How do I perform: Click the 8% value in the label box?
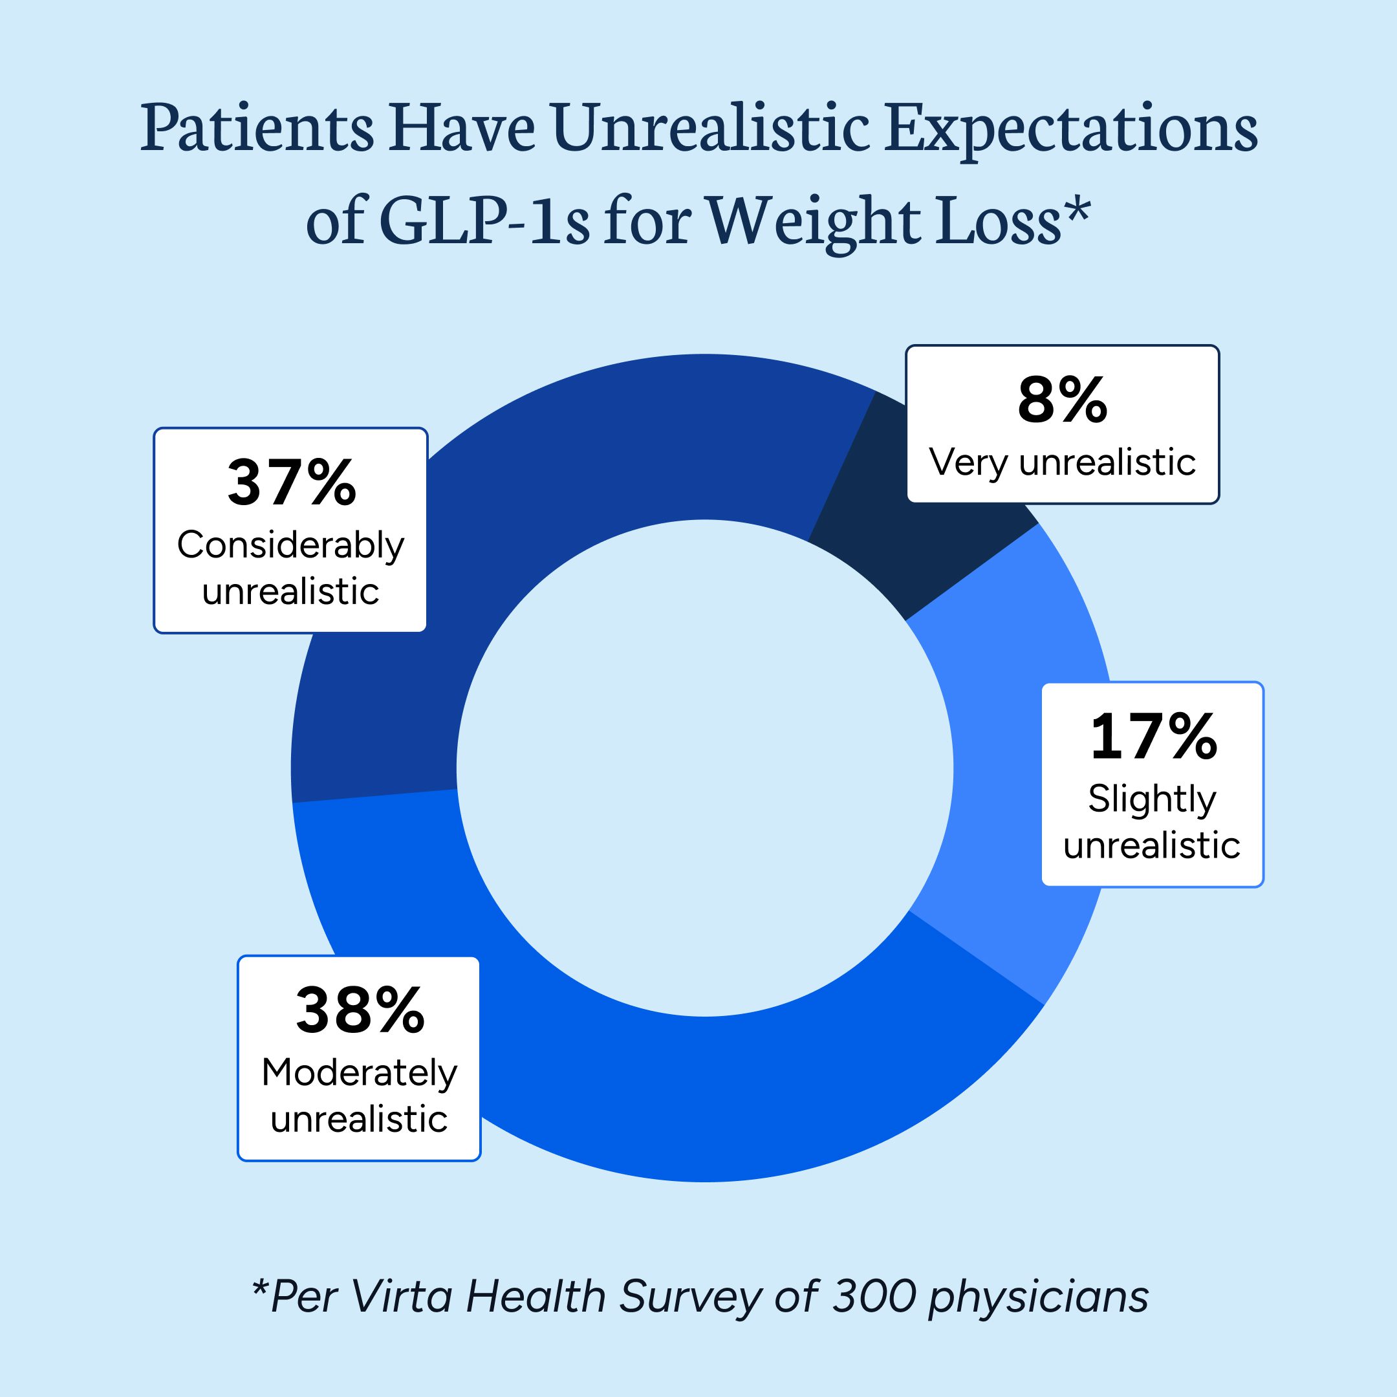(1061, 400)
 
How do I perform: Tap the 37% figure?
(292, 483)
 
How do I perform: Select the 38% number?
(360, 1010)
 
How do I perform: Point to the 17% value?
(1153, 737)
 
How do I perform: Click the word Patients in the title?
(257, 129)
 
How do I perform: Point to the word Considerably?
(290, 546)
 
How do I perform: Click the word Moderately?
(360, 1073)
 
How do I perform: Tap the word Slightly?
(1152, 801)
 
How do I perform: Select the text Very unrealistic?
(1061, 463)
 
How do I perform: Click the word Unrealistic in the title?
(711, 129)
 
